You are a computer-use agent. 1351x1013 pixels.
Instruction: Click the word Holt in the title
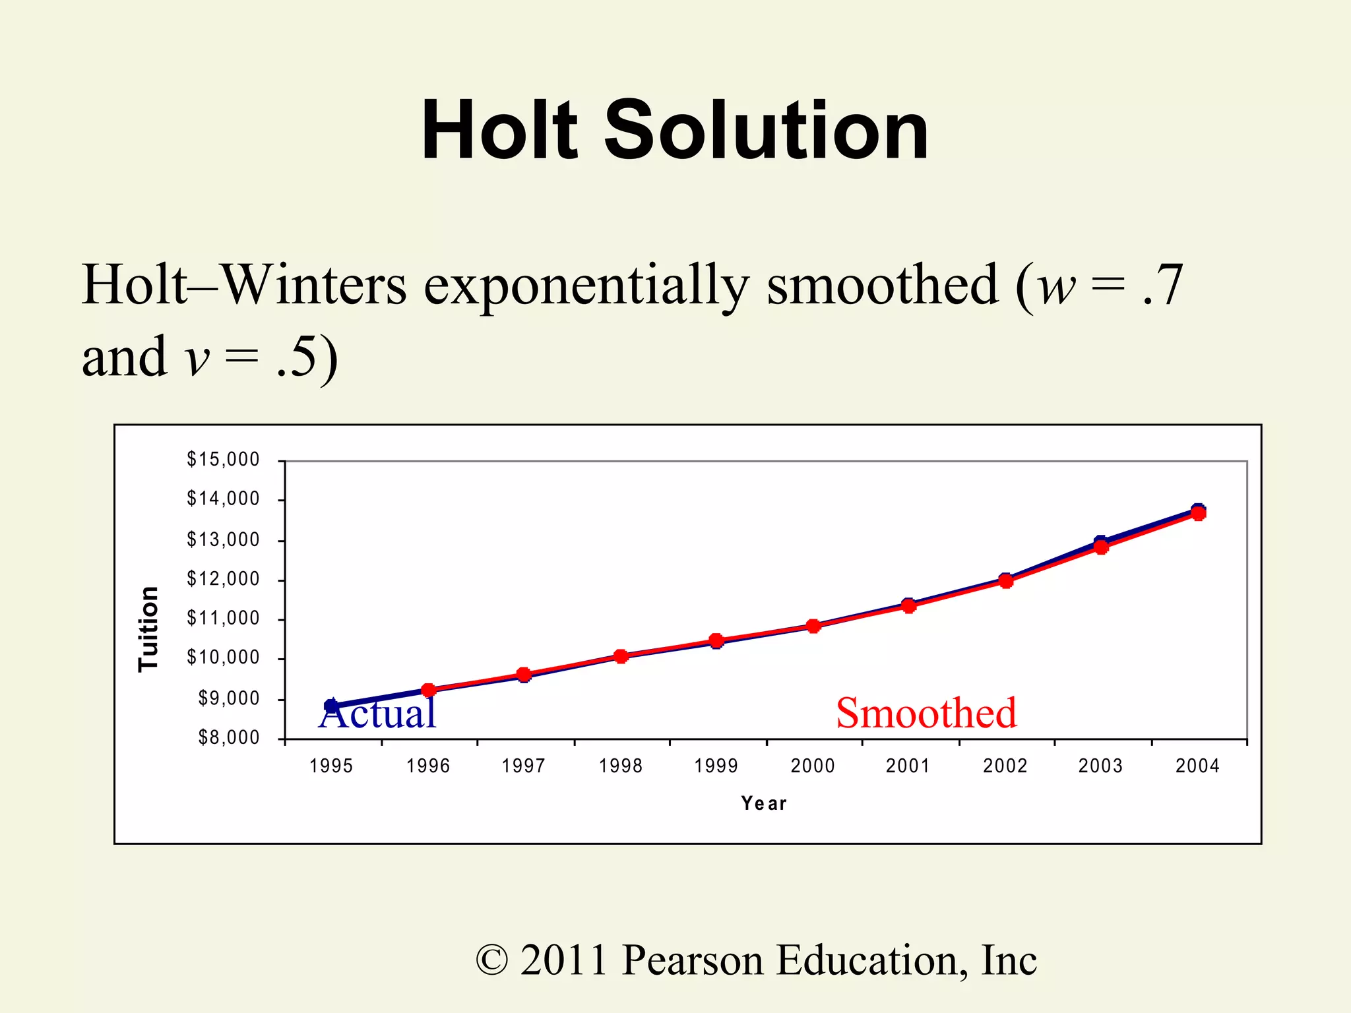(499, 130)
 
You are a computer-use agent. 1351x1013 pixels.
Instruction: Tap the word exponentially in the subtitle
(586, 286)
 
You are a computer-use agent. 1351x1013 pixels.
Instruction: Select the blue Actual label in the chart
(377, 714)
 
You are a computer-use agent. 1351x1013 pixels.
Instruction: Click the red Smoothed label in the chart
(926, 714)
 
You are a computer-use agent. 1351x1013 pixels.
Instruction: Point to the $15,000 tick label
(223, 459)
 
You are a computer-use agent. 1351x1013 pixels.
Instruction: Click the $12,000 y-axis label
(223, 579)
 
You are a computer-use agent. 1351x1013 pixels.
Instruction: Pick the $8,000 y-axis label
(229, 737)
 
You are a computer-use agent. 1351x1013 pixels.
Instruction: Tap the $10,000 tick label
(223, 658)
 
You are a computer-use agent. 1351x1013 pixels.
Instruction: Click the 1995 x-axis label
(331, 766)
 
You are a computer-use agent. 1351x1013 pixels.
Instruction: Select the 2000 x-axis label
(813, 766)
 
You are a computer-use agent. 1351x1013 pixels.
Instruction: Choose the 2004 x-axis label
(1197, 766)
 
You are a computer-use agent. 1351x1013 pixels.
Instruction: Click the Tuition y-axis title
(148, 629)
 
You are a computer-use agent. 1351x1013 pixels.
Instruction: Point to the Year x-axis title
(764, 803)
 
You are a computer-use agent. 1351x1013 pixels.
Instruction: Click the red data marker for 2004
(1198, 513)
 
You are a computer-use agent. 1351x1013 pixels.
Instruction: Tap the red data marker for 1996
(428, 691)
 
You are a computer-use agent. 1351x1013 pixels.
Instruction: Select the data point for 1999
(716, 640)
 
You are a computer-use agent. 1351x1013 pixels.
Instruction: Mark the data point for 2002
(1005, 581)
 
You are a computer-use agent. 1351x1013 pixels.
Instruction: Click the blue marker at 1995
(331, 706)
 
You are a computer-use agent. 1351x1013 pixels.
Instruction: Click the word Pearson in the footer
(693, 960)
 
